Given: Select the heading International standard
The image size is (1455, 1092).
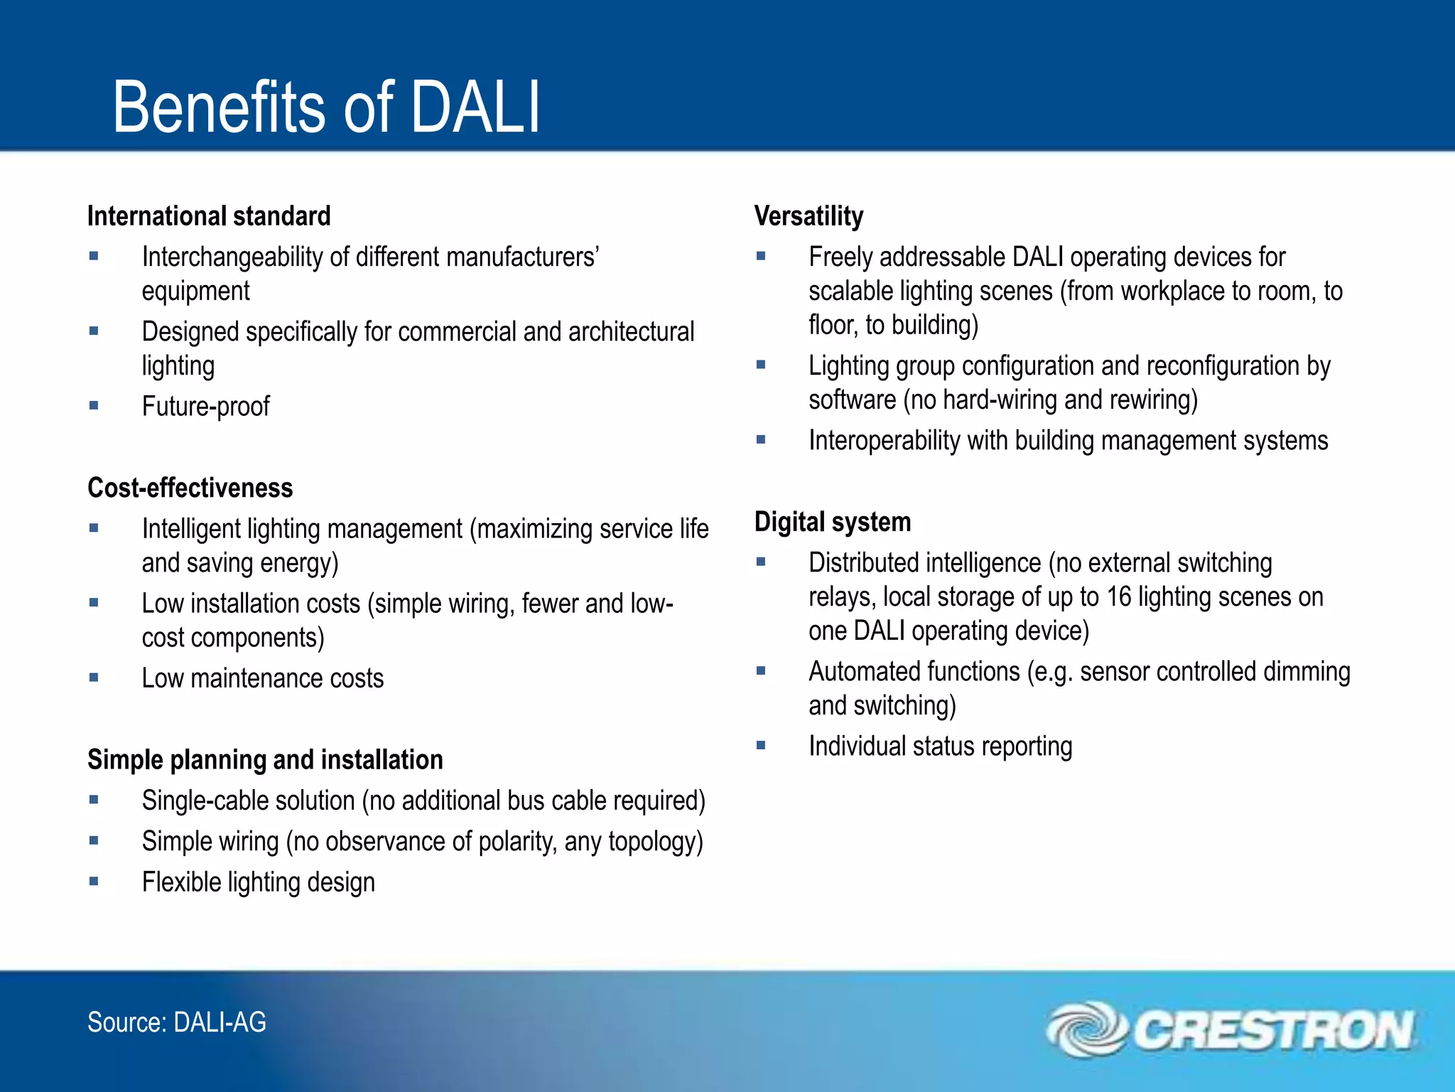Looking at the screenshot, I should tap(209, 216).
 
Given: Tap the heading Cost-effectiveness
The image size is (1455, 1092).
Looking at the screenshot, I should tap(190, 488).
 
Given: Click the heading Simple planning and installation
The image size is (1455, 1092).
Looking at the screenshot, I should tap(265, 760).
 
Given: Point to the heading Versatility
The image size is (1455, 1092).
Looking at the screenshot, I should tap(808, 216).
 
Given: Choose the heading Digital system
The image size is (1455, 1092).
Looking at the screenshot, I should tap(832, 522).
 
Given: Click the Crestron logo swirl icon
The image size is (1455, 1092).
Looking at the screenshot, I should tap(1086, 1029).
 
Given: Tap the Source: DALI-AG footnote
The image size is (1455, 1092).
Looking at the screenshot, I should tap(176, 1022).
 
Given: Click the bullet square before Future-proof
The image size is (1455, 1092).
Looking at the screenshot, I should tap(94, 405).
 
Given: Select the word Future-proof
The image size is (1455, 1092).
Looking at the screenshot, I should tap(205, 407).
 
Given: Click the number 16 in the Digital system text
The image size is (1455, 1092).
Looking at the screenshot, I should tap(1118, 597).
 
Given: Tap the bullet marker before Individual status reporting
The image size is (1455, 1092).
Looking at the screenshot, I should tap(761, 746).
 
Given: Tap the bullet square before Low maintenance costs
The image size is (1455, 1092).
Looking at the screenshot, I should tap(94, 678).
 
